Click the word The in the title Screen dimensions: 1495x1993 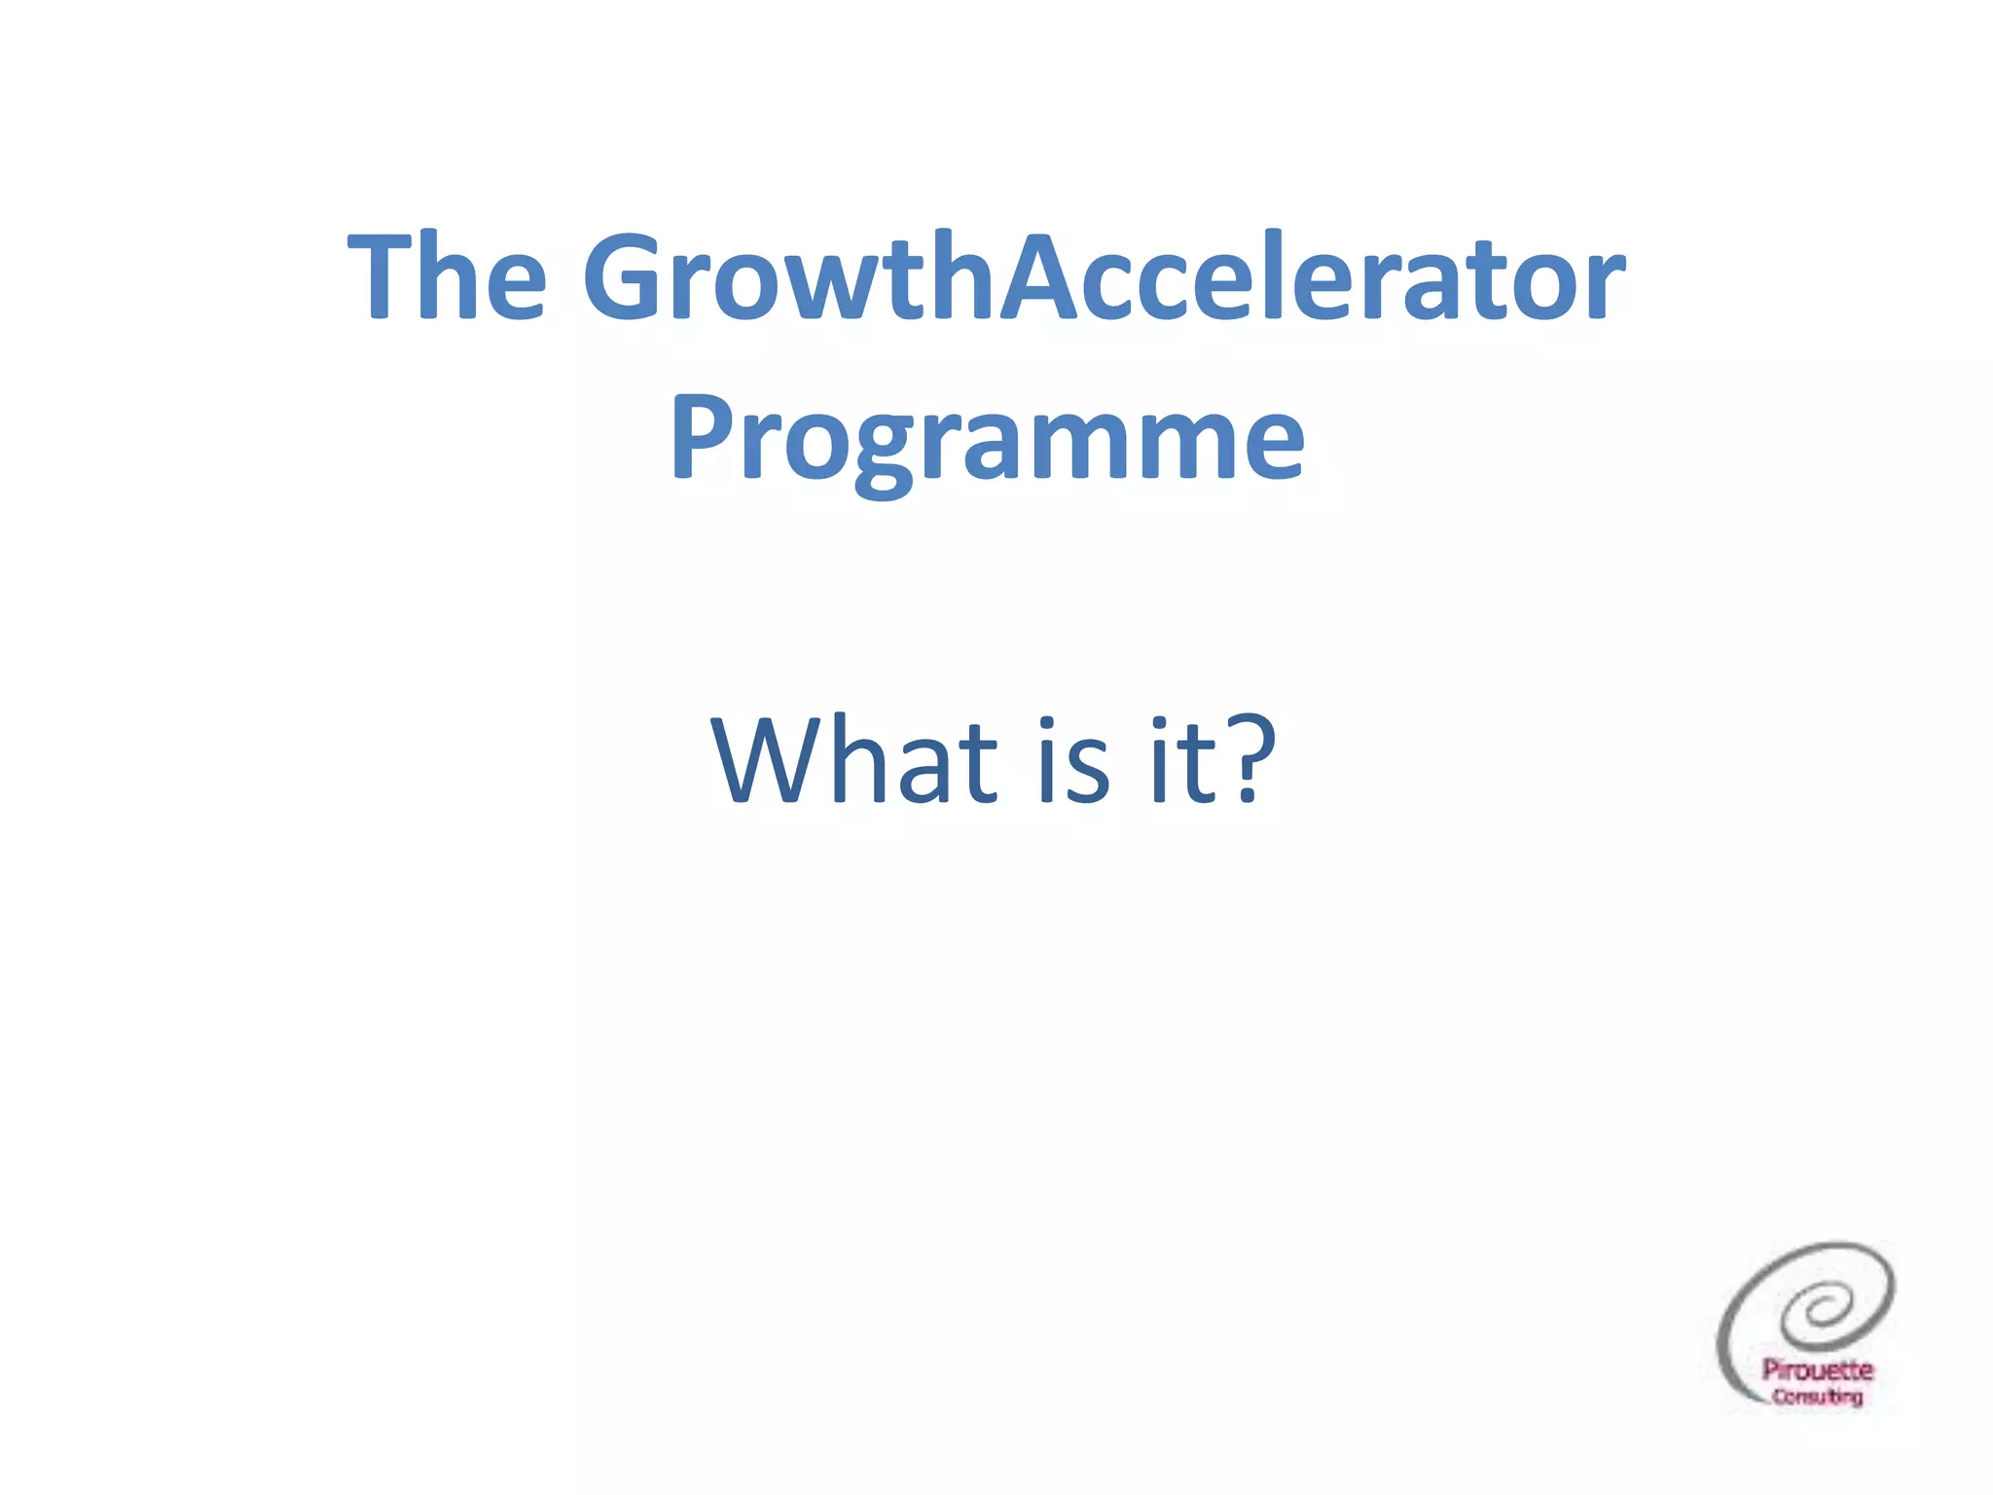point(447,276)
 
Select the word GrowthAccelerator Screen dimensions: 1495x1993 point(1104,276)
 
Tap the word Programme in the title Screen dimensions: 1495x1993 point(987,440)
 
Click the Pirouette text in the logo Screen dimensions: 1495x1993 point(1817,1369)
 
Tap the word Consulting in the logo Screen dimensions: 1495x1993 point(1817,1397)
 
